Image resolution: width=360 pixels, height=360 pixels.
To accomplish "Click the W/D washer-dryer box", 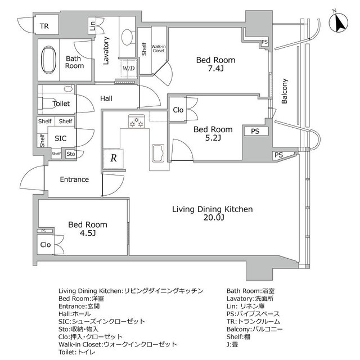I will pos(129,69).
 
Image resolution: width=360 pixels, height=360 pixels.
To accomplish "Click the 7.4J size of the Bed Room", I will pos(215,69).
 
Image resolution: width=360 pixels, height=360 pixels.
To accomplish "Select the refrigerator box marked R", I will pos(113,158).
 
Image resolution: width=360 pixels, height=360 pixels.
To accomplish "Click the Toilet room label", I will pos(61,104).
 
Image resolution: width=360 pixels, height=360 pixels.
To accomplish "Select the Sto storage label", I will pos(70,154).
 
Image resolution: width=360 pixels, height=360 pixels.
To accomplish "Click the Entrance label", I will pos(75,179).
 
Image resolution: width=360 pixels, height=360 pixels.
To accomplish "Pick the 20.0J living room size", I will pos(212,218).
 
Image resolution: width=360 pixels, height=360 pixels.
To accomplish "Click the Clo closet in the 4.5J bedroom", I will pos(46,245).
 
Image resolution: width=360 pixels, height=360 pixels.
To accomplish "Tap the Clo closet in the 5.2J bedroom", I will pos(178,110).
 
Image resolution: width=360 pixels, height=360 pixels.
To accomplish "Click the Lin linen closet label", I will pos(92,26).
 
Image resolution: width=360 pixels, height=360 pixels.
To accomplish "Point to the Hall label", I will pos(106,98).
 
